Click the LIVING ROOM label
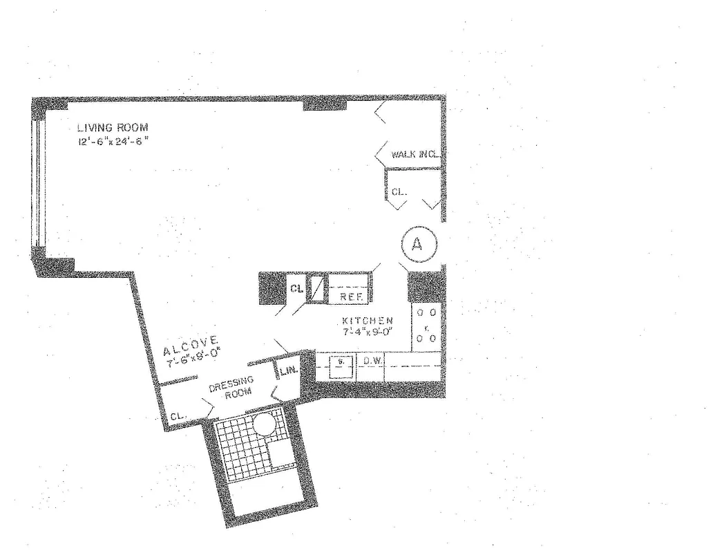tap(113, 127)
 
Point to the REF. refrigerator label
tap(347, 297)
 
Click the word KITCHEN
tap(368, 321)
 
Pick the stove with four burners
tap(425, 326)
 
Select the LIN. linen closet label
tap(288, 370)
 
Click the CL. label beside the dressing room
tap(176, 416)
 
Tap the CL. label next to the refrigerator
tap(296, 289)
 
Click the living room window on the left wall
tap(39, 184)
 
